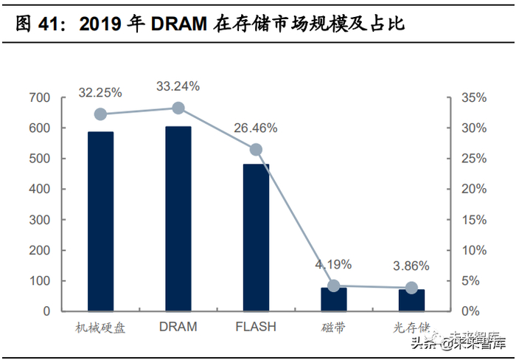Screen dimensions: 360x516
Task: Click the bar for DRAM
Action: coord(178,218)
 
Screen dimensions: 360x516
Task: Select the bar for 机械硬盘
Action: coord(101,221)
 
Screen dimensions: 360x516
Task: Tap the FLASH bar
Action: coord(256,237)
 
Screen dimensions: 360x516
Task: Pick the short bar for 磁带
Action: coord(334,299)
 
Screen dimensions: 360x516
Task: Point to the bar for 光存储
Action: coord(411,300)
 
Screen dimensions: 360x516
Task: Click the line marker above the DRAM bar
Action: coord(178,108)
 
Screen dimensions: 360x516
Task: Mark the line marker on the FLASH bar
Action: coord(256,150)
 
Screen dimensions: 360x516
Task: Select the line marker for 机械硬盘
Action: coord(101,114)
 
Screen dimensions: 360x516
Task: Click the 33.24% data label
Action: coord(178,86)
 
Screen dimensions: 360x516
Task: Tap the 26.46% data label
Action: coord(256,128)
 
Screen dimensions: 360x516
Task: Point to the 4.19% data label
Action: coord(334,264)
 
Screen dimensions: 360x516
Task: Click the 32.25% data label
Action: coord(101,93)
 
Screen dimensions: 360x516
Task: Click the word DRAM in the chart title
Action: coord(180,25)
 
